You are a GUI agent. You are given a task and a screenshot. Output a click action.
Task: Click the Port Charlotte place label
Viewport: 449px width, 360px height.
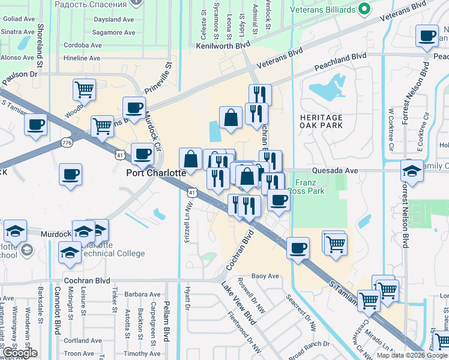(155, 172)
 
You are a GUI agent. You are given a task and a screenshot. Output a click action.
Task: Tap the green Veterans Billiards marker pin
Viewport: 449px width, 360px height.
(363, 9)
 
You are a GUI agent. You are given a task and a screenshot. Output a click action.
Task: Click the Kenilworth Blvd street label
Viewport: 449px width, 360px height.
(221, 46)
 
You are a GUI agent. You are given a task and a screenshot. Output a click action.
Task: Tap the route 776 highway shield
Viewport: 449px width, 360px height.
(67, 142)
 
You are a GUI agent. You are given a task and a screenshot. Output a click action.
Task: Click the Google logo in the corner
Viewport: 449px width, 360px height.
(19, 353)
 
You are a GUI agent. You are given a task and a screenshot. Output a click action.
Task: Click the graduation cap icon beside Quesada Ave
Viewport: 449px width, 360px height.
(412, 170)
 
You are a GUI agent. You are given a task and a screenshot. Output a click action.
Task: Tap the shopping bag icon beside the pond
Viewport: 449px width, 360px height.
(231, 118)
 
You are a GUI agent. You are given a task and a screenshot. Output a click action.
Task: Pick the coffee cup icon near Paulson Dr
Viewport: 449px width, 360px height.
(35, 125)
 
